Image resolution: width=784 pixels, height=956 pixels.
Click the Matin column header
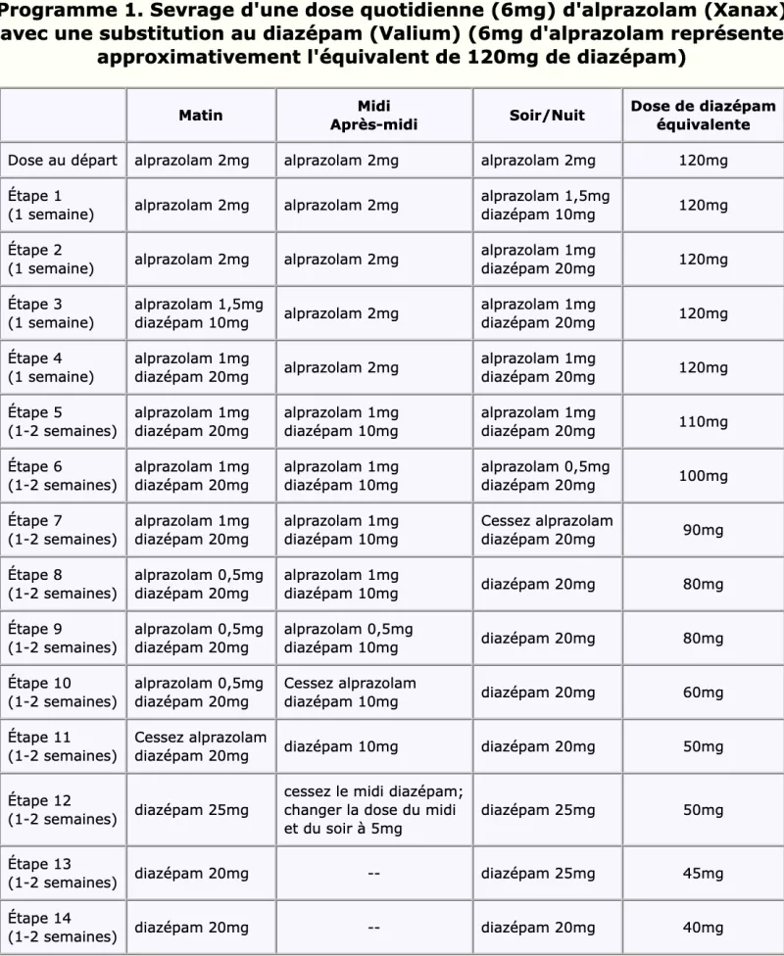click(x=200, y=116)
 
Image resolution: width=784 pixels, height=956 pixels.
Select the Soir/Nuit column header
click(x=547, y=116)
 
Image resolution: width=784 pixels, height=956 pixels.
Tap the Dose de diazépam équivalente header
click(x=703, y=116)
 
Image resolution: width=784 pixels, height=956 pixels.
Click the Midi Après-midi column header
click(x=373, y=116)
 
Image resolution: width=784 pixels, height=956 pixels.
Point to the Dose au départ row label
click(x=63, y=161)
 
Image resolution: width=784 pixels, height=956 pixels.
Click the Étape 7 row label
click(x=63, y=529)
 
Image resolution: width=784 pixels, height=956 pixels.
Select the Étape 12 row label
click(x=63, y=809)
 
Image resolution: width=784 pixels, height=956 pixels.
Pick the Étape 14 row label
click(x=63, y=927)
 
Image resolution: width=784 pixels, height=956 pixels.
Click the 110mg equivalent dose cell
click(x=704, y=422)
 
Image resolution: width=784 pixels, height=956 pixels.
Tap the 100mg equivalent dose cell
click(x=704, y=476)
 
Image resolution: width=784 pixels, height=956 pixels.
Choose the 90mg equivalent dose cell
click(x=704, y=530)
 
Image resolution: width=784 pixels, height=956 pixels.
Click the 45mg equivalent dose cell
click(x=704, y=873)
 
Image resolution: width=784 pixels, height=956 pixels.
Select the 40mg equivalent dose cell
click(x=704, y=928)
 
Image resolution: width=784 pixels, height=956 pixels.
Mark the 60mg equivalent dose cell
click(x=704, y=693)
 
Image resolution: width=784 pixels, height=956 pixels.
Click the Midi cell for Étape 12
click(x=373, y=810)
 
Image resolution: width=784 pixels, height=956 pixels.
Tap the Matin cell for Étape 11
click(x=200, y=746)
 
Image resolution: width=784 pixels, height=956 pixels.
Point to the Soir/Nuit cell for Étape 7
click(x=546, y=530)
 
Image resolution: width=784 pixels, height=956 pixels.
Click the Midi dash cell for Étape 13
click(x=373, y=873)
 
